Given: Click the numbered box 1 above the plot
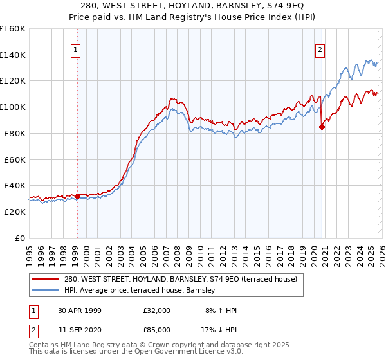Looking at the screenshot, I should pyautogui.click(x=76, y=50).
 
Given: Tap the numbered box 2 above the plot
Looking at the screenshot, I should pyautogui.click(x=320, y=50).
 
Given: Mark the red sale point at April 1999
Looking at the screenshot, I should pyautogui.click(x=77, y=196).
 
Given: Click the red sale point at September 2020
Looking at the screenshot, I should pyautogui.click(x=322, y=127).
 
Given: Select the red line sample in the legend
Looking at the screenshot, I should pyautogui.click(x=46, y=280).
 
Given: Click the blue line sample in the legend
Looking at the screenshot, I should pyautogui.click(x=46, y=291).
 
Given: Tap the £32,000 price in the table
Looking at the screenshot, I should pyautogui.click(x=157, y=310).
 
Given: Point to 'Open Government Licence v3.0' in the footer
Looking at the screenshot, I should pyautogui.click(x=188, y=352).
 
